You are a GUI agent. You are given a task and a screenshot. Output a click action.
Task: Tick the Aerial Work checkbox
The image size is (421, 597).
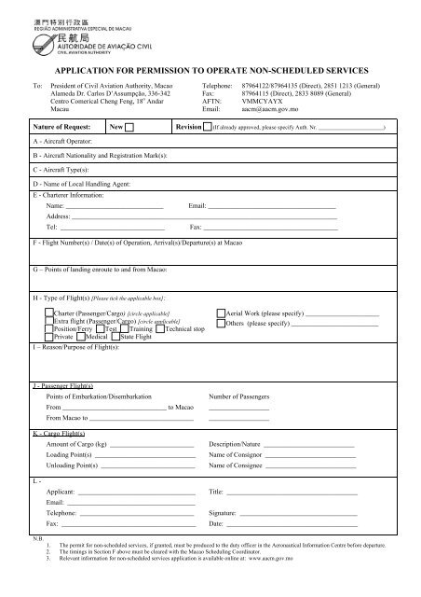click(220, 313)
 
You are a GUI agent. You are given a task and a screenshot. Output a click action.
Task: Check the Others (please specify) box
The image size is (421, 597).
click(220, 324)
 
